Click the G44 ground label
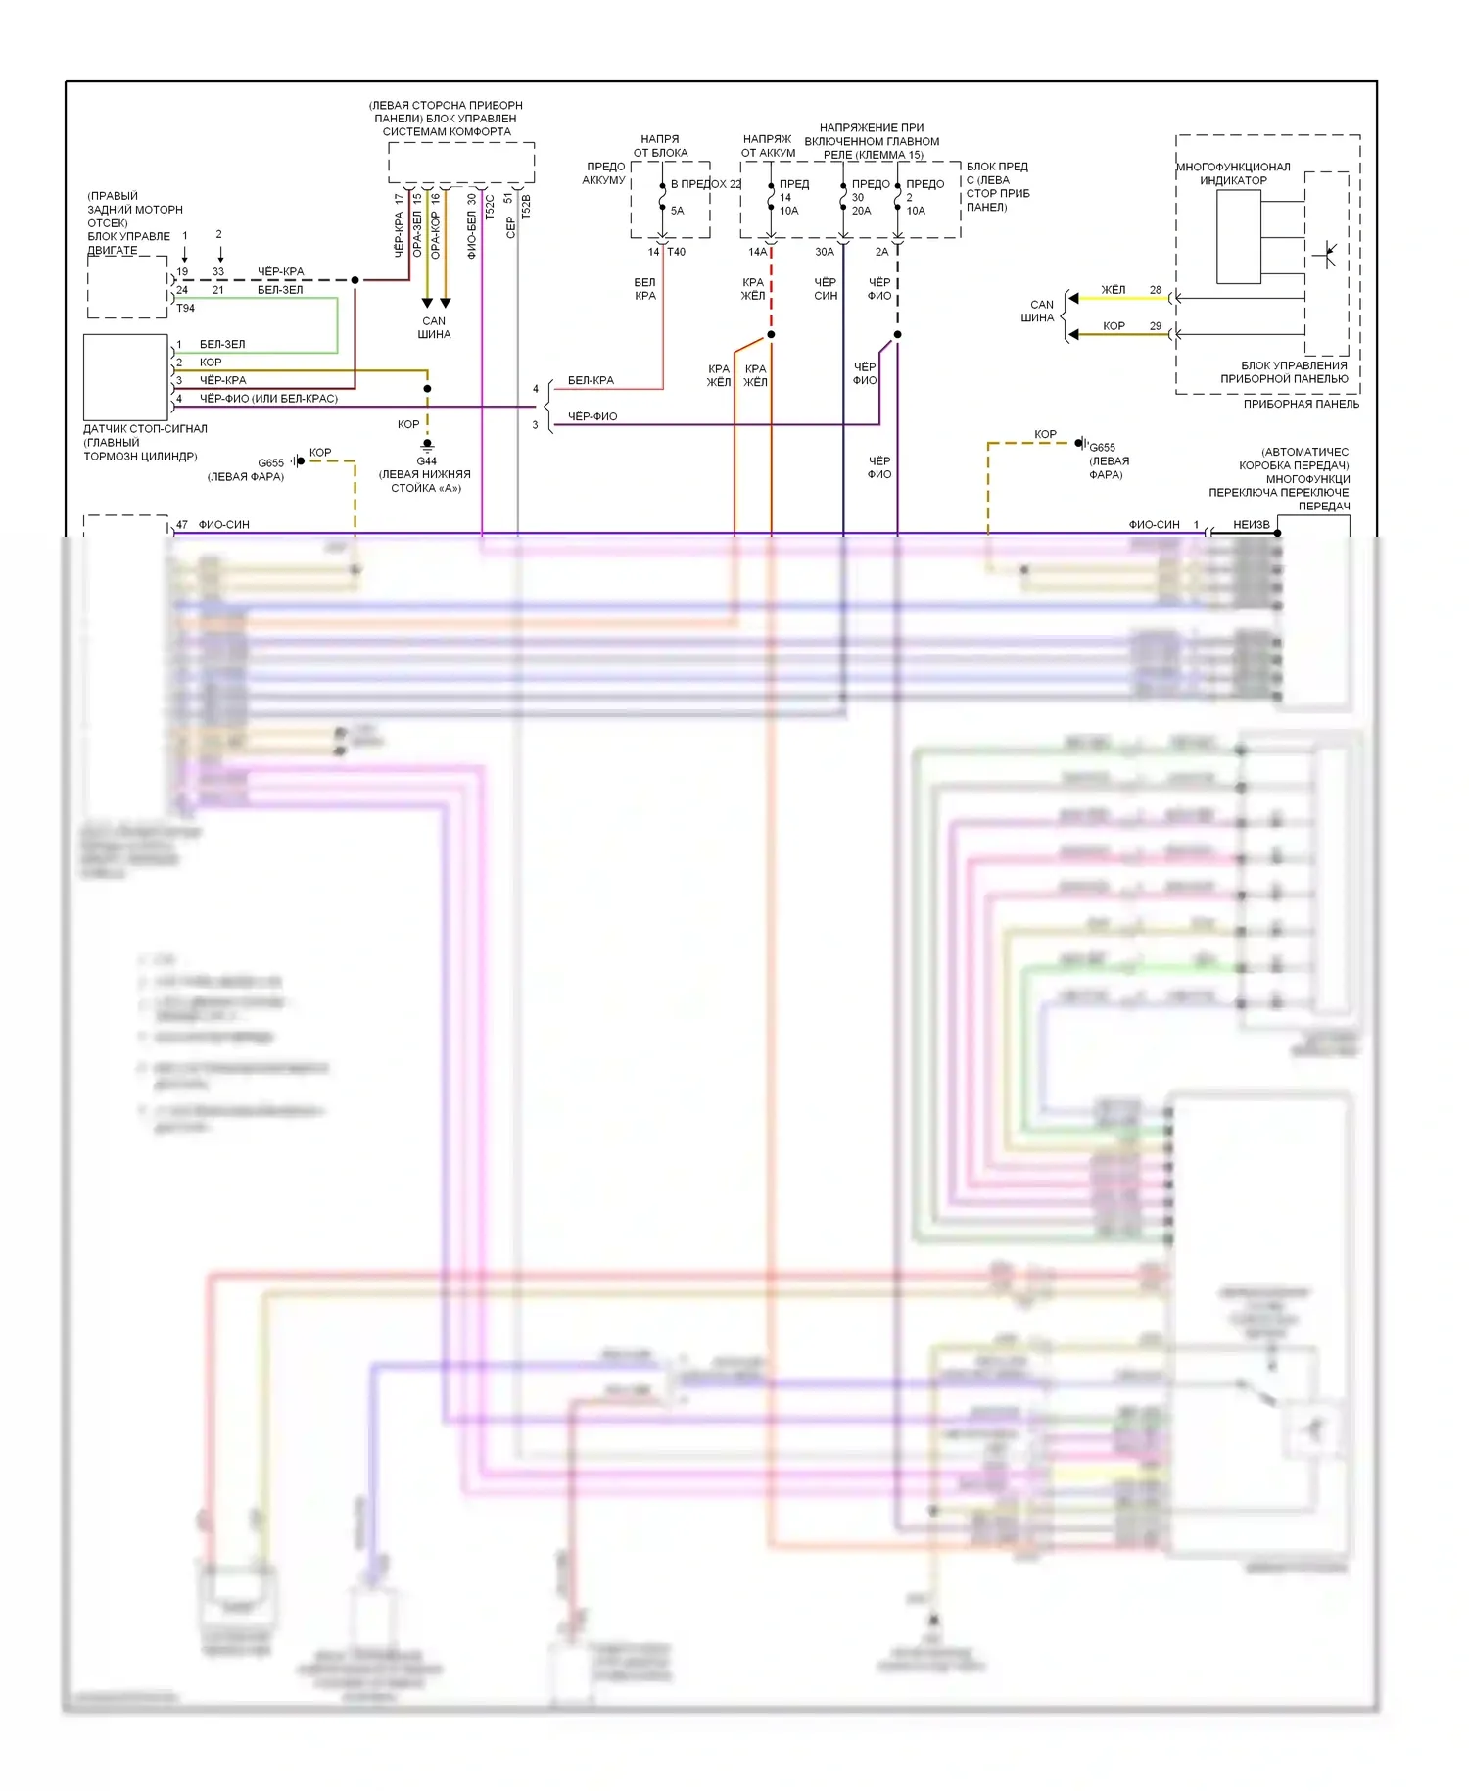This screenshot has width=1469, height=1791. click(426, 460)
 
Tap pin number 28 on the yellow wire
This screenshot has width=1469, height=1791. click(1156, 290)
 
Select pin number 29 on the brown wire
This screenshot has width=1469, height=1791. click(1156, 326)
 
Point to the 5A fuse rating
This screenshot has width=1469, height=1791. click(677, 211)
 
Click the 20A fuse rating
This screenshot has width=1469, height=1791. click(861, 211)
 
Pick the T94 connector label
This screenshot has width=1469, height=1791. click(185, 308)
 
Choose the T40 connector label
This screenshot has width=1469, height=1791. click(677, 252)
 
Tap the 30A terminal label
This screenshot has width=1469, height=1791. click(825, 252)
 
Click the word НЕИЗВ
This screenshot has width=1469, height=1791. click(1251, 525)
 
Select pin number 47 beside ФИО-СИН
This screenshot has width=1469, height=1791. click(182, 525)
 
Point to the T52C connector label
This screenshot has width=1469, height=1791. click(490, 207)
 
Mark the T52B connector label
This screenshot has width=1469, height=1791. click(526, 207)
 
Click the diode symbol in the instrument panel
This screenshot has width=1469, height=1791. click(1327, 255)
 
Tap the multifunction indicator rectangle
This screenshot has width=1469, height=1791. click(1239, 237)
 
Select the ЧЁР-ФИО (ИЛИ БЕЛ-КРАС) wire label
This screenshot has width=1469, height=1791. click(268, 399)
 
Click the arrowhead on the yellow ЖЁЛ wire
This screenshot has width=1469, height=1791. click(1073, 298)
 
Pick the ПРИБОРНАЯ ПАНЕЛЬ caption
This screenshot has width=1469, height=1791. click(1301, 404)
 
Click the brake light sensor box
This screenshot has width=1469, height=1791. click(125, 377)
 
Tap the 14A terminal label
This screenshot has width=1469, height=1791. click(757, 252)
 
